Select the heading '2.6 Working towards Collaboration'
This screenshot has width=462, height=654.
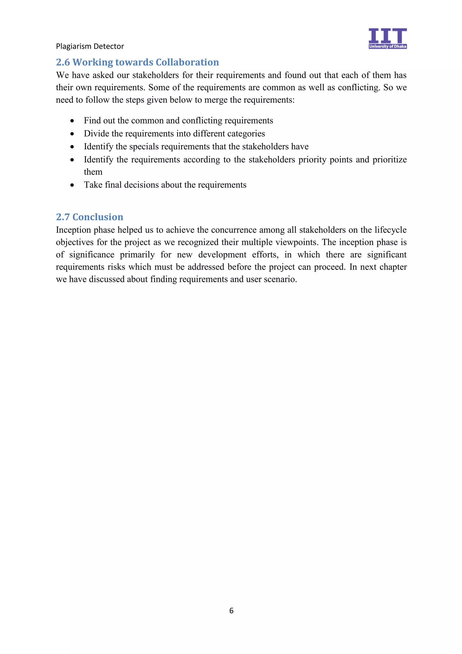[x=137, y=62]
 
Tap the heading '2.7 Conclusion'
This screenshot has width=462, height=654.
[x=89, y=217]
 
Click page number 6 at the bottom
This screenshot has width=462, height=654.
[x=231, y=610]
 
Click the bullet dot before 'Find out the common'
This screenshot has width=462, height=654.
[x=72, y=121]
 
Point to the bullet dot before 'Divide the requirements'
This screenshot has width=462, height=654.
[x=72, y=134]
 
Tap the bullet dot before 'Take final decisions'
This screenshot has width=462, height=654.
[x=72, y=185]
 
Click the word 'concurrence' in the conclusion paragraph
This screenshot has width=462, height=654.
[x=234, y=230]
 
